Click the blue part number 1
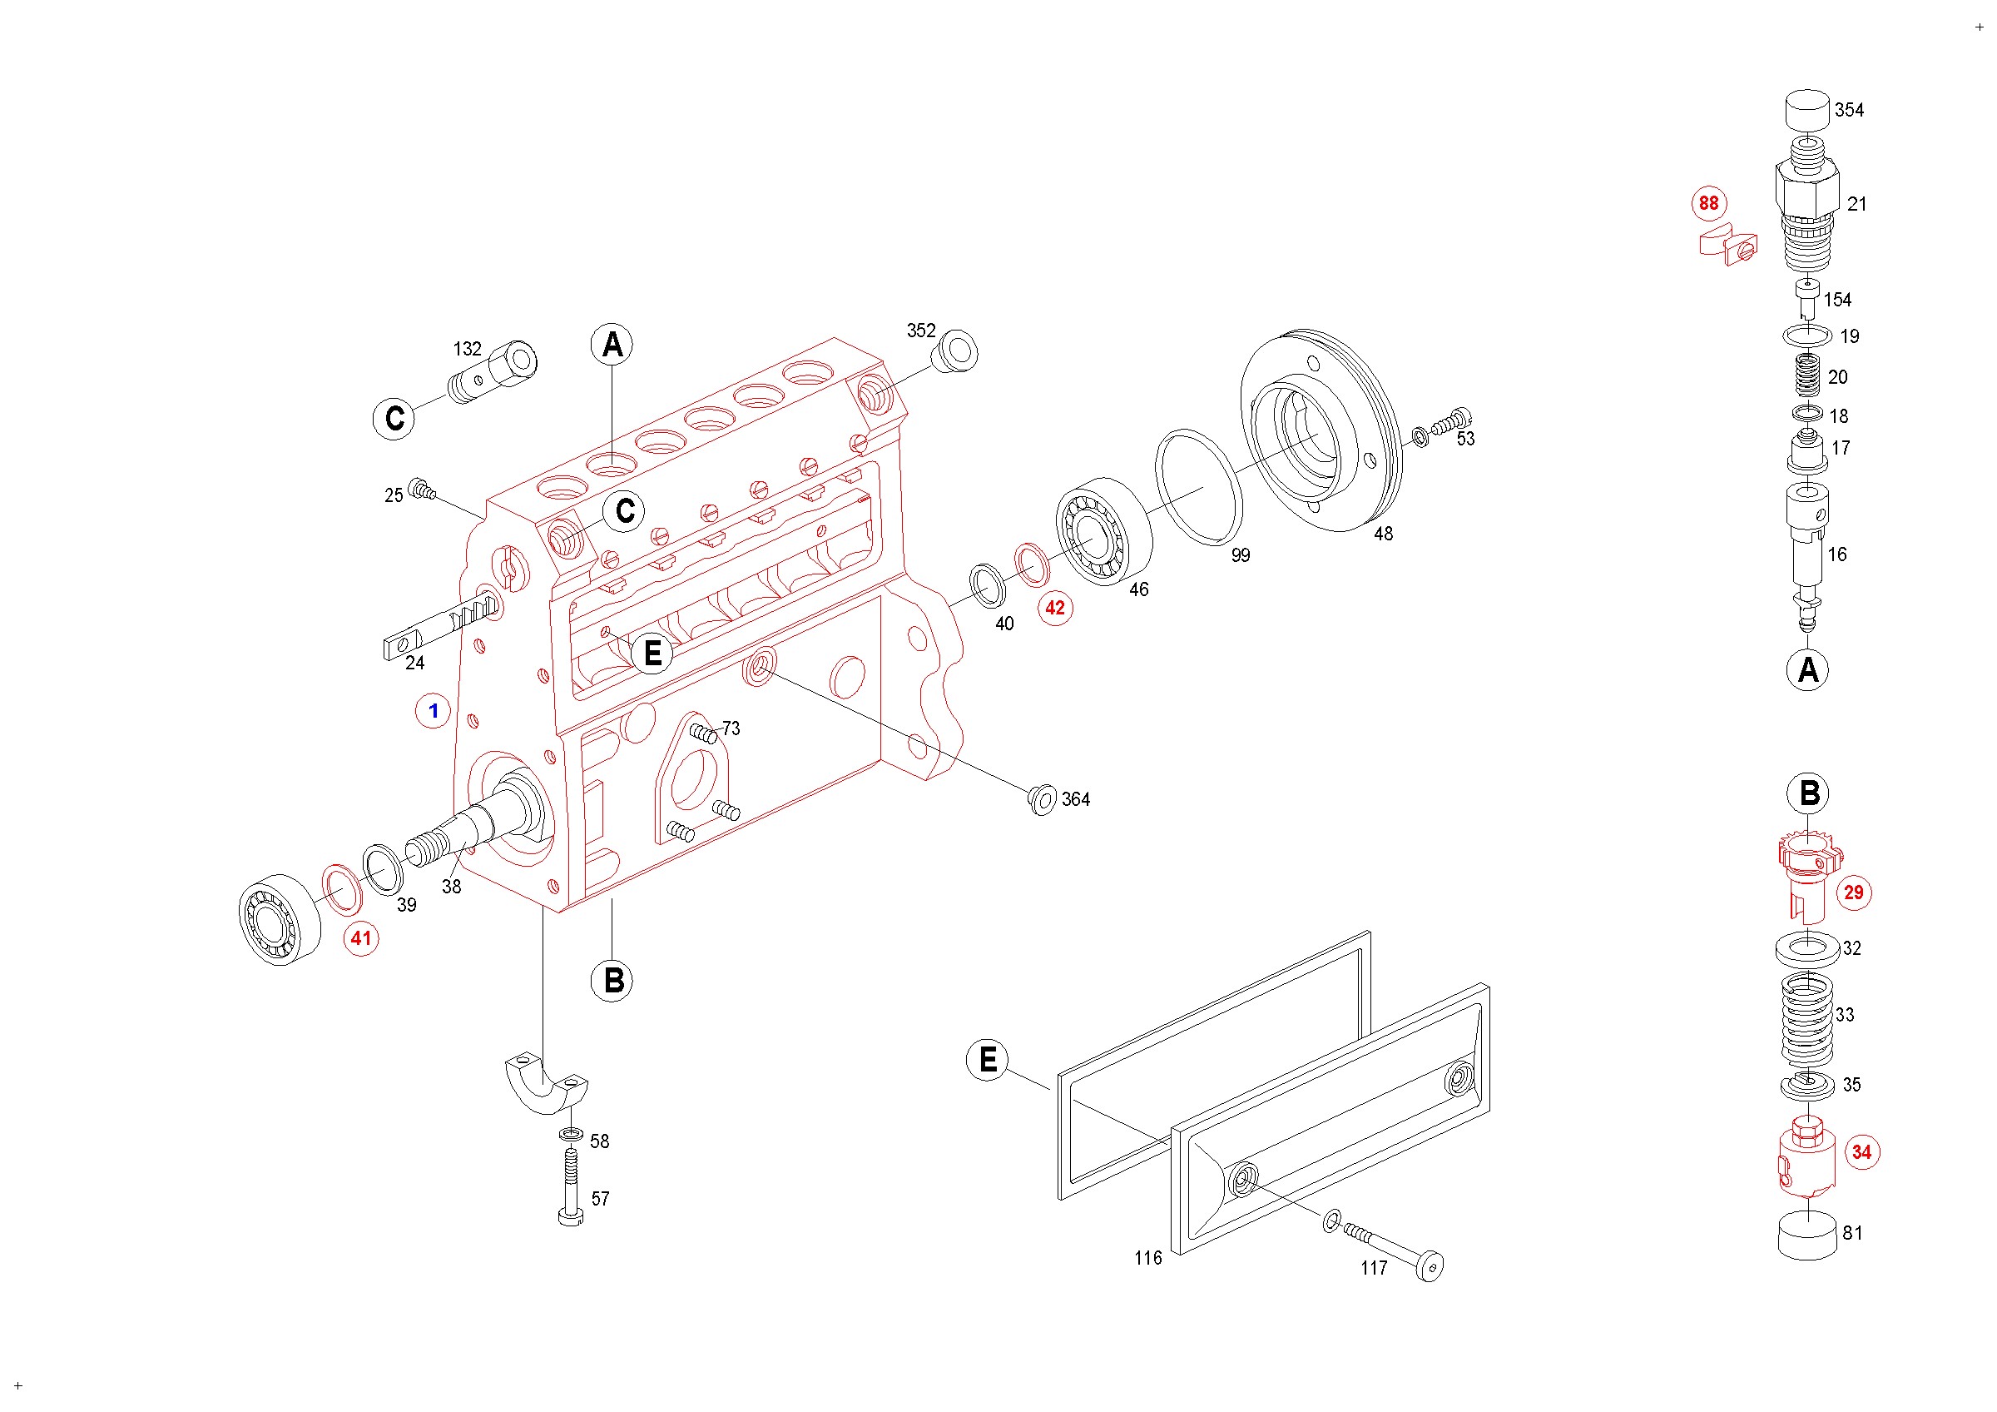[x=434, y=711]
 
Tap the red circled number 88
[x=1708, y=204]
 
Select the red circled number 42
[x=1055, y=608]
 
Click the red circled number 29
[x=1854, y=892]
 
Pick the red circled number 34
[x=1861, y=1152]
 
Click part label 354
[x=1849, y=111]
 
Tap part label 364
[x=1076, y=799]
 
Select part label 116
[x=1148, y=1258]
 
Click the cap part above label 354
[x=1808, y=111]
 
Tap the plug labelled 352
[x=955, y=351]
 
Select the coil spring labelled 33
[x=1807, y=1020]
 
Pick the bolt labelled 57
[x=571, y=1186]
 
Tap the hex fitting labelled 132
[x=493, y=372]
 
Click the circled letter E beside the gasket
[x=988, y=1060]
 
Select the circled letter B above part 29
[x=1809, y=793]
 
